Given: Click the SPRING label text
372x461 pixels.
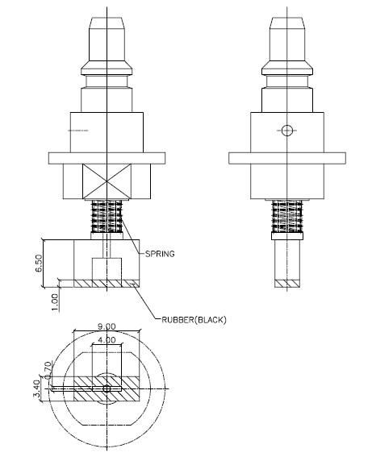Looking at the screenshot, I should (161, 253).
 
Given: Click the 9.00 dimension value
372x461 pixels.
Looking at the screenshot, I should (107, 326).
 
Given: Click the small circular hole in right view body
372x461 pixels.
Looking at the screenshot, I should (285, 130).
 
